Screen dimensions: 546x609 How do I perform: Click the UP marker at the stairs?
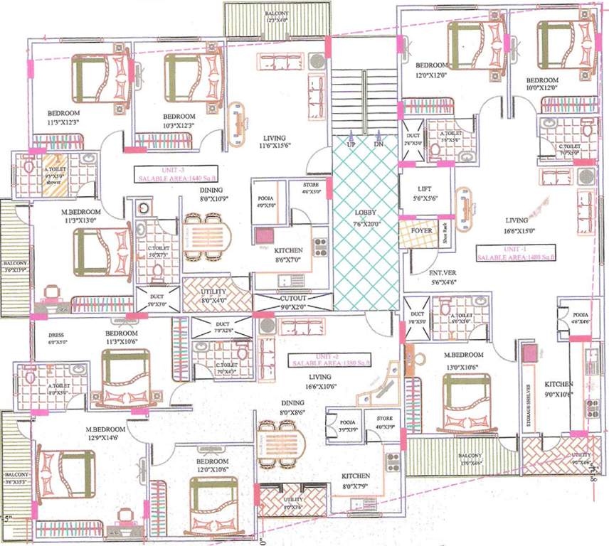point(351,144)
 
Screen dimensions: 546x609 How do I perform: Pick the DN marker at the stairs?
point(378,144)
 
